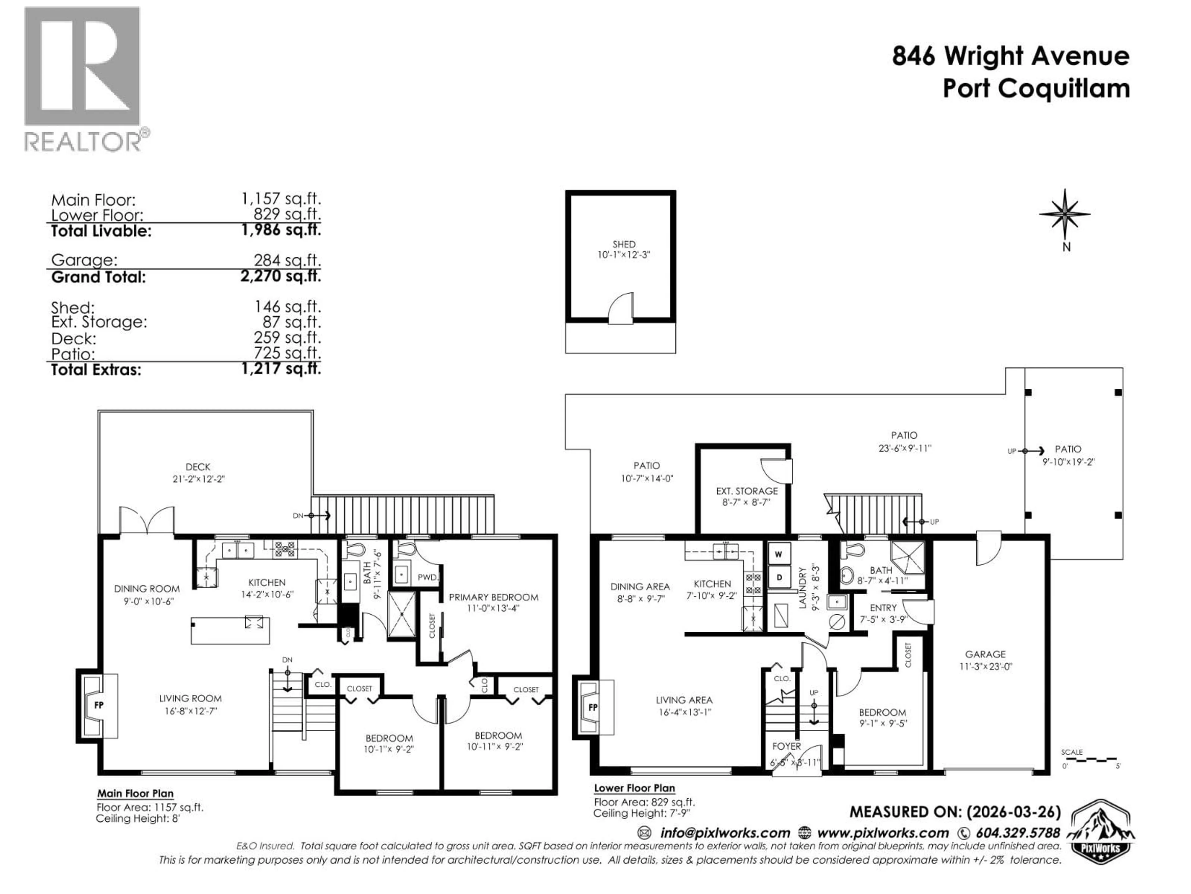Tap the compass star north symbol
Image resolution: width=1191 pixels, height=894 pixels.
(1064, 214)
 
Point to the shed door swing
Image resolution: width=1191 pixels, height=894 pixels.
(621, 309)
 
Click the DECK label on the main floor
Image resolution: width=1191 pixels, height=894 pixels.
(198, 467)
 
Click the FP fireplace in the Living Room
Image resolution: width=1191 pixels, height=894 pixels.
(99, 705)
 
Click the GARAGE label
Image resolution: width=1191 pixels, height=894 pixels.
(985, 654)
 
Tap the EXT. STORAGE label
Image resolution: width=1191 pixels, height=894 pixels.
(746, 491)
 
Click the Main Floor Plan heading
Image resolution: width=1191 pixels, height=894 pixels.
(135, 793)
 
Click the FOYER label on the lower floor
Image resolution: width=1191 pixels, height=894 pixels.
(786, 746)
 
